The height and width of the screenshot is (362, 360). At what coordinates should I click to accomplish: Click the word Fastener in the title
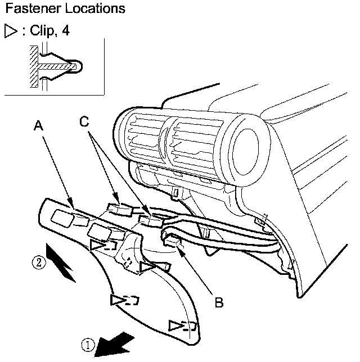click(33, 8)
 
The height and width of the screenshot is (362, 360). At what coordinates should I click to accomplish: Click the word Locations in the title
click(95, 8)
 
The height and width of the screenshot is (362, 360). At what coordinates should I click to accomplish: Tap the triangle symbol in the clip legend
click(11, 31)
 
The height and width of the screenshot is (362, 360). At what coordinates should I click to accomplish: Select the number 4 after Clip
click(66, 30)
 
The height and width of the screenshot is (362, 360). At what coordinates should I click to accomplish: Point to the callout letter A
click(38, 126)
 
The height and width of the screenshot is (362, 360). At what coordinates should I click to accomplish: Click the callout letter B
click(219, 302)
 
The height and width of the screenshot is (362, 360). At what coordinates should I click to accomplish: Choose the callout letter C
click(84, 121)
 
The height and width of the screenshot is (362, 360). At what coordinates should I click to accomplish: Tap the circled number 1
click(88, 345)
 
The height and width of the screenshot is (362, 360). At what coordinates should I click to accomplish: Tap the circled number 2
click(39, 263)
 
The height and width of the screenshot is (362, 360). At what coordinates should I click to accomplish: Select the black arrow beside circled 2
click(61, 263)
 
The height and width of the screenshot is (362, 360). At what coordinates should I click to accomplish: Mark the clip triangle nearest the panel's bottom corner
click(176, 326)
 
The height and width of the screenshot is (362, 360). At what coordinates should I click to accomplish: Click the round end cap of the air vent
click(245, 151)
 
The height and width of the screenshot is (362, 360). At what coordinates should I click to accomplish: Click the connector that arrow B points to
click(172, 242)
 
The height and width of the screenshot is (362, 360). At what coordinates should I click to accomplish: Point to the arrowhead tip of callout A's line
click(74, 209)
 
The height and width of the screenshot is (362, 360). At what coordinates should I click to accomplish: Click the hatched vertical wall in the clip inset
click(34, 66)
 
